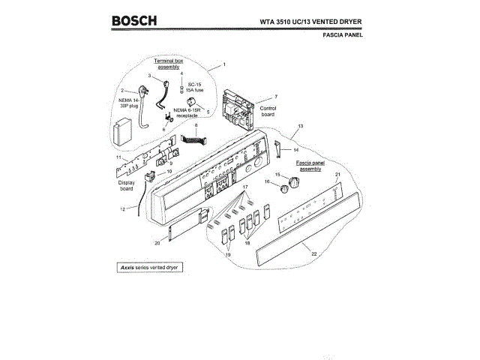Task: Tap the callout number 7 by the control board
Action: point(276,97)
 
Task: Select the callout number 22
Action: point(314,254)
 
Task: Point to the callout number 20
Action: point(157,242)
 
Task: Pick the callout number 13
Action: point(300,126)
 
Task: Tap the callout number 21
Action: point(337,175)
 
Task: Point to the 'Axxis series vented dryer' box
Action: point(150,267)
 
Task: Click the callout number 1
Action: point(223,66)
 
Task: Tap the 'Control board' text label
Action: point(268,112)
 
